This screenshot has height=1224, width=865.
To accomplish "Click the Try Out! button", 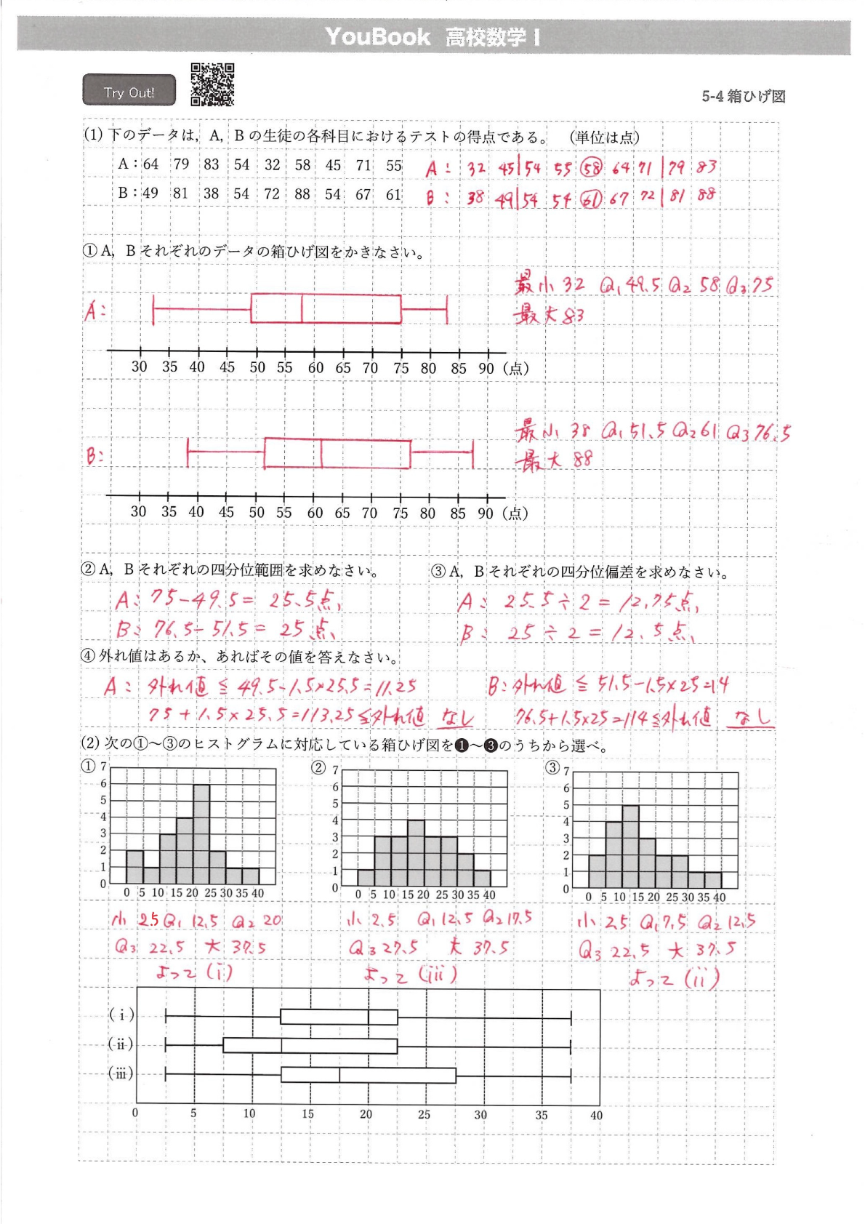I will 129,91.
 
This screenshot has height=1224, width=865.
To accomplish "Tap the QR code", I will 212,84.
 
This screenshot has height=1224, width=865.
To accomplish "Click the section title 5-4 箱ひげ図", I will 743,97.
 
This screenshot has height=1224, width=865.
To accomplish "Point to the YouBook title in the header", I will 377,36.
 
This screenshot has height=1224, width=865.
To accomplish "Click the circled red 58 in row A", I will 592,168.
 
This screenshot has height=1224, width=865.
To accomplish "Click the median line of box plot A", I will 302,308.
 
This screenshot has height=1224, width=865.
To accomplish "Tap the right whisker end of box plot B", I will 472,453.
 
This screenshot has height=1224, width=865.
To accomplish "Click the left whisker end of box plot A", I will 153,309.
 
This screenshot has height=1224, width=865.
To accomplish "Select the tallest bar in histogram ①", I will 201,833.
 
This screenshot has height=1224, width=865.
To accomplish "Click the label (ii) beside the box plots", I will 121,1044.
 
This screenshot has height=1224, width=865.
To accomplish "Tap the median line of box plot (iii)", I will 339,1075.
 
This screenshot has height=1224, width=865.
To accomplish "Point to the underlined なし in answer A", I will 456,718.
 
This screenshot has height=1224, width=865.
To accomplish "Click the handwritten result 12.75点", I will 659,602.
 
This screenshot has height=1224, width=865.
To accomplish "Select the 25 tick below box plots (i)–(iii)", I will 424,1114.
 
